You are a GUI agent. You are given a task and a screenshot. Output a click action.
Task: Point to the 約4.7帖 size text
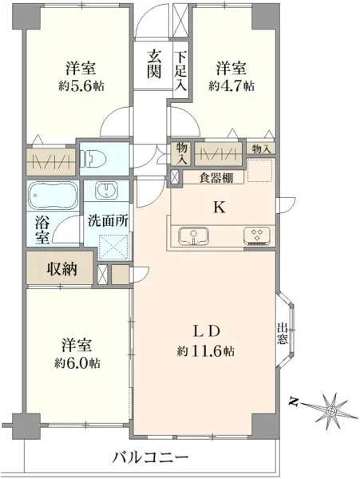pos(231,84)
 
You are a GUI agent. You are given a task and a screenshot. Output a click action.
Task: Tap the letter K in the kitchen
pos(216,207)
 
